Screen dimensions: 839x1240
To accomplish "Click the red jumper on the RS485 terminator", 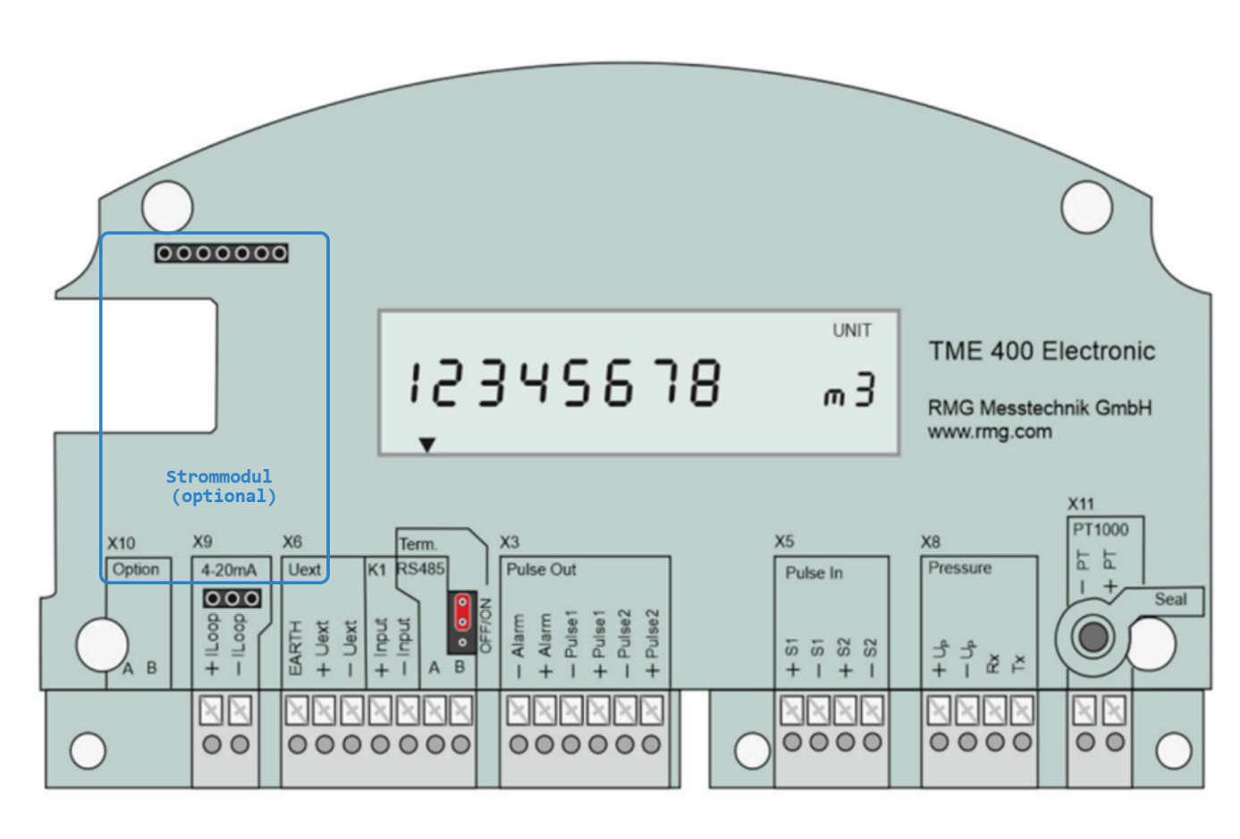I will (x=462, y=612).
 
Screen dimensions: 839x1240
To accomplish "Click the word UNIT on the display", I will (x=851, y=331).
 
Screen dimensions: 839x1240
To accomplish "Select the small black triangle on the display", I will (x=427, y=444).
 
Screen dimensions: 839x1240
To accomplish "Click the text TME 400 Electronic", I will (x=1042, y=351).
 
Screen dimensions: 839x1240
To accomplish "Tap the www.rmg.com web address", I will (x=989, y=432).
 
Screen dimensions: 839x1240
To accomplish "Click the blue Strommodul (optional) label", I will (x=221, y=486).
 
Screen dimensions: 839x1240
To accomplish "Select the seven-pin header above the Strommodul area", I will (x=222, y=254).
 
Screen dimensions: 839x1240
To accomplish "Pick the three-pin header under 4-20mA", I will (x=232, y=598).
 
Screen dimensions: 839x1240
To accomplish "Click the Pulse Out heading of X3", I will (x=541, y=569).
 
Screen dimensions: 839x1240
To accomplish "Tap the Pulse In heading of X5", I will (x=814, y=573).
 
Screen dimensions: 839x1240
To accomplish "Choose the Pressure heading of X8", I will (x=959, y=568).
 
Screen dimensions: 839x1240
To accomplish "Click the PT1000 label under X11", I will (x=1101, y=529).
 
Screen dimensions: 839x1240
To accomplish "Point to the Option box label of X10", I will (x=136, y=569).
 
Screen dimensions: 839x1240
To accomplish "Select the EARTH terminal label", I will (x=296, y=648).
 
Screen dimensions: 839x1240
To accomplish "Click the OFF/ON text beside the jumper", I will (x=486, y=625).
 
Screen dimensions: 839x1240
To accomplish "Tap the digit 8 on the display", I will (x=704, y=382).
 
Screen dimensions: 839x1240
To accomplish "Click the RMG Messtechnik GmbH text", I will (x=1039, y=408).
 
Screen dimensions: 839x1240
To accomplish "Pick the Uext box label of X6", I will (x=304, y=569).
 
